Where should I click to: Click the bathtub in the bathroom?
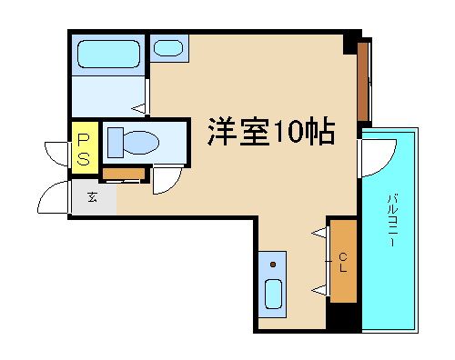pyautogui.click(x=108, y=54)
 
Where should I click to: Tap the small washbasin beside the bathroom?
pyautogui.click(x=168, y=48)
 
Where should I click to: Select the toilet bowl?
pyautogui.click(x=141, y=143)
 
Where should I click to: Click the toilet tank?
pyautogui.click(x=116, y=143)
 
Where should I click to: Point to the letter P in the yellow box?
pyautogui.click(x=84, y=139)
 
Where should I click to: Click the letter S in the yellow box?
pyautogui.click(x=84, y=159)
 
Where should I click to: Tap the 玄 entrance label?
pyautogui.click(x=92, y=197)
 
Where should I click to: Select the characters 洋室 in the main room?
pyautogui.click(x=239, y=131)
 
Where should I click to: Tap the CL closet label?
pyautogui.click(x=343, y=263)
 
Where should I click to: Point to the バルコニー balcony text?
pyautogui.click(x=392, y=220)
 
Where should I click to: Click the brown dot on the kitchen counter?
pyautogui.click(x=273, y=265)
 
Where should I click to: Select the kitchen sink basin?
pyautogui.click(x=273, y=294)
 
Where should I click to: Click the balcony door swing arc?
pyautogui.click(x=388, y=164)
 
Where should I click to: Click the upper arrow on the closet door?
pyautogui.click(x=319, y=233)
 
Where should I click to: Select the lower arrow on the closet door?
pyautogui.click(x=319, y=291)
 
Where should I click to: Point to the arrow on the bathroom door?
pyautogui.click(x=138, y=108)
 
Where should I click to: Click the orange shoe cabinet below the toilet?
pyautogui.click(x=124, y=174)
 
